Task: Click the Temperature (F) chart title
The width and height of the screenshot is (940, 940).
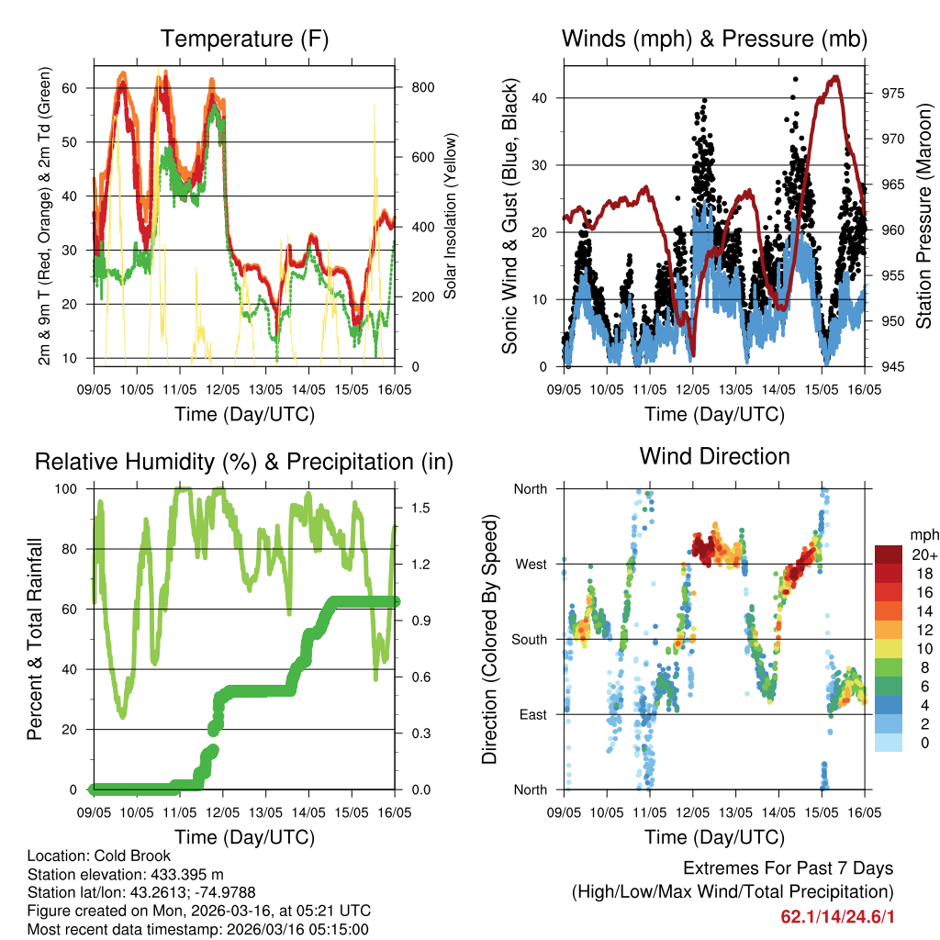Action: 244,39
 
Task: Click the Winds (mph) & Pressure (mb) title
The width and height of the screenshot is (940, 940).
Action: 714,39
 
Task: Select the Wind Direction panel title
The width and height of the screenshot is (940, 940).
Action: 714,456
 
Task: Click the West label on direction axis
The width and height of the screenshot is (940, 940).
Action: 530,564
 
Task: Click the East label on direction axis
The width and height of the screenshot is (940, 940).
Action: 531,714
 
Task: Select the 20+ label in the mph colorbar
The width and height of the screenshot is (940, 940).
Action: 923,554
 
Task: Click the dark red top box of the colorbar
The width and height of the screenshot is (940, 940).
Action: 889,554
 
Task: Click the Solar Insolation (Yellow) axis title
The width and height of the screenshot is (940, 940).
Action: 451,216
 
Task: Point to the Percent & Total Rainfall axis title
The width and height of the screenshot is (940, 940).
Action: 37,639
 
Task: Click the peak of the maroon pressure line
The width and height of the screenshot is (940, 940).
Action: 835,77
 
